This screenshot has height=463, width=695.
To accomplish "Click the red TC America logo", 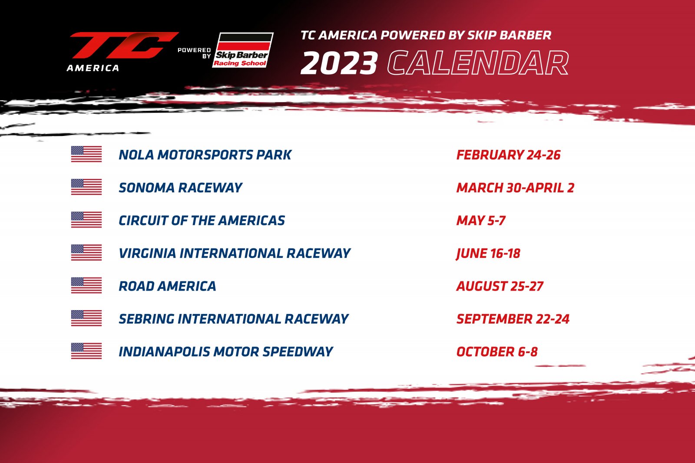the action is pyautogui.click(x=123, y=52).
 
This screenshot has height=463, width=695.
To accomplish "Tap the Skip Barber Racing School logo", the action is pyautogui.click(x=243, y=50).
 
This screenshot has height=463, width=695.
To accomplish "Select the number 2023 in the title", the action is pyautogui.click(x=339, y=63).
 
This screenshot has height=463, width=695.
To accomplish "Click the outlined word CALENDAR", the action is pyautogui.click(x=478, y=63).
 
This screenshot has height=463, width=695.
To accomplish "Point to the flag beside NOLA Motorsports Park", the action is pyautogui.click(x=86, y=154).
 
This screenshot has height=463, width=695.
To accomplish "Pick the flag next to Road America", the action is pyautogui.click(x=86, y=285).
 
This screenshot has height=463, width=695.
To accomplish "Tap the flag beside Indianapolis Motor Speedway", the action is pyautogui.click(x=86, y=351).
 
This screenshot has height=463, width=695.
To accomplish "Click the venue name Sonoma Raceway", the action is pyautogui.click(x=180, y=188).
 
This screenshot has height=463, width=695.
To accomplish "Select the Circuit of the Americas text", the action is pyautogui.click(x=202, y=221).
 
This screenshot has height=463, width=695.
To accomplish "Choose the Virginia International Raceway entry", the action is pyautogui.click(x=235, y=253).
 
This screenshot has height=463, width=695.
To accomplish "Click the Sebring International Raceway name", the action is pyautogui.click(x=234, y=319).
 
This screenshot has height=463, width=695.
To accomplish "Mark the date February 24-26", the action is pyautogui.click(x=509, y=155).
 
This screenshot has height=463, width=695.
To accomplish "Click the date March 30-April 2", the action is pyautogui.click(x=515, y=188).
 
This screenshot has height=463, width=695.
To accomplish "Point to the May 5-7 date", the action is pyautogui.click(x=481, y=221).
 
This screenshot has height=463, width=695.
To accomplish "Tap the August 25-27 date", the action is pyautogui.click(x=500, y=286).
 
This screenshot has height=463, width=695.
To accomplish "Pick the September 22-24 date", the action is pyautogui.click(x=513, y=319).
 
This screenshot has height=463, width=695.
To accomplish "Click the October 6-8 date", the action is pyautogui.click(x=497, y=352).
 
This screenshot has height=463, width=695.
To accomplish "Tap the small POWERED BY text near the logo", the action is pyautogui.click(x=195, y=53).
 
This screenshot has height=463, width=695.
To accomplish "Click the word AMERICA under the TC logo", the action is pyautogui.click(x=93, y=68).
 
